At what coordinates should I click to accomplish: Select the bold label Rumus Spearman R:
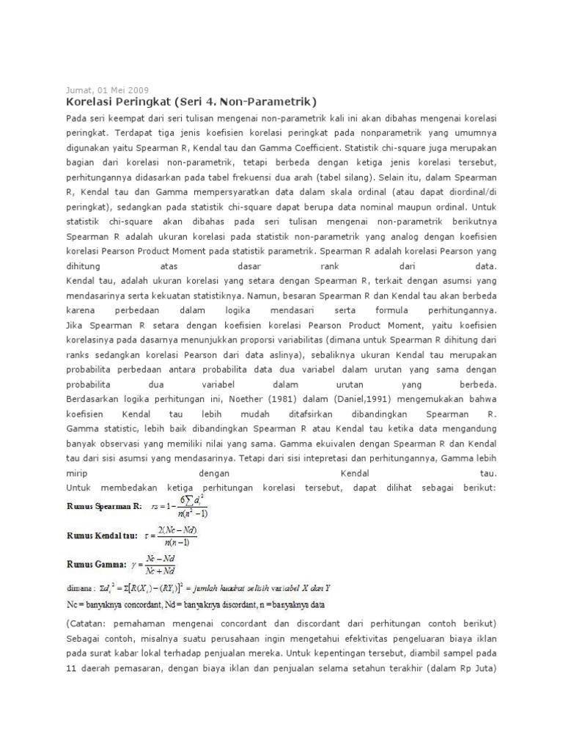tap(104, 506)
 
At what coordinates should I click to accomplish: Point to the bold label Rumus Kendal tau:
tap(103, 536)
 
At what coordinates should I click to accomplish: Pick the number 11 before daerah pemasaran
tap(72, 669)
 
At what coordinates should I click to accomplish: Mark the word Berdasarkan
tap(96, 398)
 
